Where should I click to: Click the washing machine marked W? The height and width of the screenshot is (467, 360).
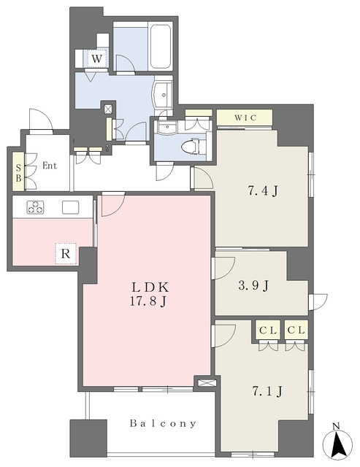coord(96,58)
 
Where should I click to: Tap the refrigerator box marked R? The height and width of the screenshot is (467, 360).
coord(66,254)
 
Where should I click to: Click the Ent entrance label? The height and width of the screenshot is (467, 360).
coord(50,166)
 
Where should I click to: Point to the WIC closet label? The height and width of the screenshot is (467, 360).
coord(245,117)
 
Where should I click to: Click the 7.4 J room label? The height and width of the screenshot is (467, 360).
coord(263,190)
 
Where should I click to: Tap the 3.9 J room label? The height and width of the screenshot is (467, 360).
coord(253,285)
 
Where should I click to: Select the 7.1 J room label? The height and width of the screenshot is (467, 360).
coord(267,391)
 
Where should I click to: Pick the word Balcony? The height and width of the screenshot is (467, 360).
coord(164,423)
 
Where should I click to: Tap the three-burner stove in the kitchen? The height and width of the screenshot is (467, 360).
coord(36,207)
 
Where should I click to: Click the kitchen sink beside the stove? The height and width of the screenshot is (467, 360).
coord(71,207)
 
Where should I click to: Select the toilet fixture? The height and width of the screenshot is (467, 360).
coord(191,147)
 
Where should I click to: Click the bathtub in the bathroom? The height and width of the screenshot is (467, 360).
coord(161,47)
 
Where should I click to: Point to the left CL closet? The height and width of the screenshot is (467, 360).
coord(268,331)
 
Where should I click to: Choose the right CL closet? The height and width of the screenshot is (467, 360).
coord(296,330)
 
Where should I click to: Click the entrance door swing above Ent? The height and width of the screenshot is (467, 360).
coord(42,120)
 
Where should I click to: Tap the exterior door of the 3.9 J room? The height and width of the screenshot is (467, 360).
coord(318,302)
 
